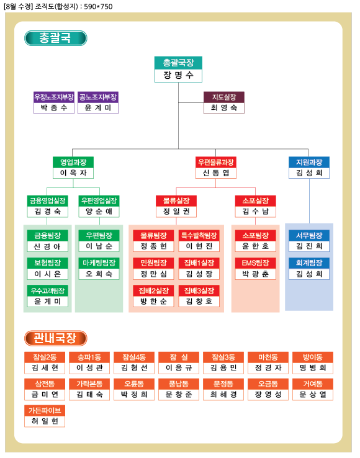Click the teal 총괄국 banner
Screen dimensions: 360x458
tap(55, 38)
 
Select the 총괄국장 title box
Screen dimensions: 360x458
tap(178, 63)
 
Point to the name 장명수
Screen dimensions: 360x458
tap(178, 75)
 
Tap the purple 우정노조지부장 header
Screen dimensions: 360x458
tap(54, 97)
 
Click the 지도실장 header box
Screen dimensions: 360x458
tap(224, 97)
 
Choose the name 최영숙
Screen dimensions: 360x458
tap(224, 108)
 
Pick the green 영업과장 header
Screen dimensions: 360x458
tap(73, 162)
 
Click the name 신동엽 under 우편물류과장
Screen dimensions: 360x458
tap(216, 173)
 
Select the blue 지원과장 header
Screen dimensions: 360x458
tap(309, 162)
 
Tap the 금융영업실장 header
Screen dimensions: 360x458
tap(48, 200)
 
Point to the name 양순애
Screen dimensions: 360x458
tap(99, 211)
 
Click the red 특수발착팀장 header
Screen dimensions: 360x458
tap(199, 235)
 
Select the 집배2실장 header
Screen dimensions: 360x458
tap(153, 290)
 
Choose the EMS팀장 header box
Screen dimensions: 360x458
tap(255, 263)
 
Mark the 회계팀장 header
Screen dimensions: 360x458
tap(309, 263)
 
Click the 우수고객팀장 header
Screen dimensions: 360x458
tap(48, 290)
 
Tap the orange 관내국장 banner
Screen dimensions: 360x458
tap(55, 338)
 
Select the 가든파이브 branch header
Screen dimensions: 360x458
tap(45, 410)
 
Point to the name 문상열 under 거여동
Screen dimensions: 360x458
tap(313, 395)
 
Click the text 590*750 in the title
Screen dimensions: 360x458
tap(98, 6)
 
